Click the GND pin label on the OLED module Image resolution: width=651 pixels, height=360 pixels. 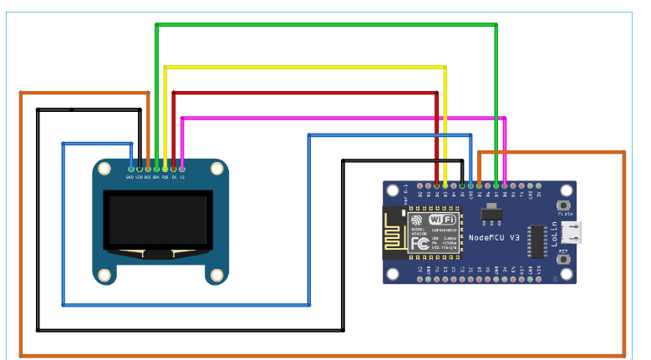click(x=130, y=177)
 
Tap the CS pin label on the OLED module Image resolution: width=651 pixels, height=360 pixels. click(x=183, y=177)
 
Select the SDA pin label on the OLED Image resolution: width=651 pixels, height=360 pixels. click(x=156, y=177)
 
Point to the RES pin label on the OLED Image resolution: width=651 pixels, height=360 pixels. click(x=165, y=177)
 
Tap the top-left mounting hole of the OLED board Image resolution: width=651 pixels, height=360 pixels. click(x=104, y=170)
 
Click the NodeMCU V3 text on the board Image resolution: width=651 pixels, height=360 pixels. click(x=495, y=238)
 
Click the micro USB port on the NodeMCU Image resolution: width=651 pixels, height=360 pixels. click(x=573, y=231)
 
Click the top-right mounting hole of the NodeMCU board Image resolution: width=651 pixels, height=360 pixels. click(x=566, y=189)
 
